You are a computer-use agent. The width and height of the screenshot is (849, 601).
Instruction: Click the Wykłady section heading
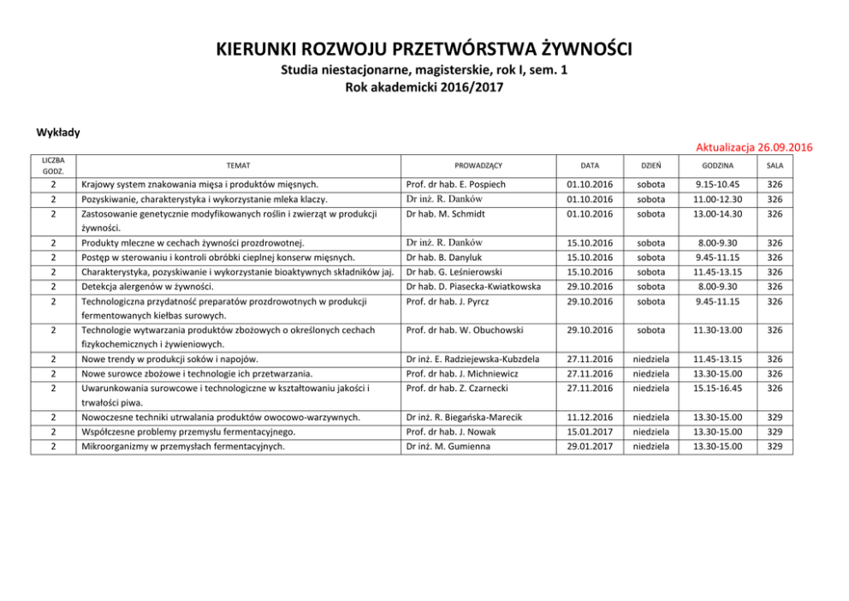pos(58,132)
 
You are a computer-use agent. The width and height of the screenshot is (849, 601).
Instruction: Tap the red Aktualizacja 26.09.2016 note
pos(754,147)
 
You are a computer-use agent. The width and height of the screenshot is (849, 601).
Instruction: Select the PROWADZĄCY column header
pos(478,164)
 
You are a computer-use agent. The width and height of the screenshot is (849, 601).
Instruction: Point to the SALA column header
pos(775,164)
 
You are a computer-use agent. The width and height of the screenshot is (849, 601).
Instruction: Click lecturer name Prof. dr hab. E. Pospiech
pos(456,184)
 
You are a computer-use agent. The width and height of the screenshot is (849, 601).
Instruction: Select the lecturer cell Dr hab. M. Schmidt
pos(446,213)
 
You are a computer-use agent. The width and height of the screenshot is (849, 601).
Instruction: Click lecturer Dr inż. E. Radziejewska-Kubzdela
pos(473,359)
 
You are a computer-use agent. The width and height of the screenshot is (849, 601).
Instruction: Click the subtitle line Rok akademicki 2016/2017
pos(424,86)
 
